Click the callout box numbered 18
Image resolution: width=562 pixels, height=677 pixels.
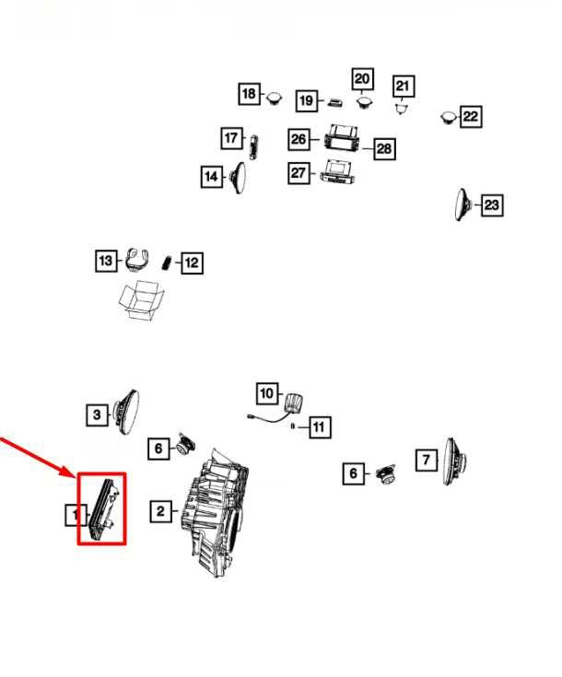point(250,94)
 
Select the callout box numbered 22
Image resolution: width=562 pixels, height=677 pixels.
point(471,117)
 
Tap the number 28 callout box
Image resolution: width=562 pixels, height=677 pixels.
point(384,149)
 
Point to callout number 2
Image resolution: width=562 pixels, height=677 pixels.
point(160,512)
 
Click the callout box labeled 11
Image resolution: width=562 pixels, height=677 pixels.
point(320,427)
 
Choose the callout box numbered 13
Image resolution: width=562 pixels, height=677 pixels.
point(106,261)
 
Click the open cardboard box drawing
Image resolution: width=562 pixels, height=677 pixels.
point(141,300)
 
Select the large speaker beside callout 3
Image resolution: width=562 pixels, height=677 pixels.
point(126,412)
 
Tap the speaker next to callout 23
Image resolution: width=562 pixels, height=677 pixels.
point(462,204)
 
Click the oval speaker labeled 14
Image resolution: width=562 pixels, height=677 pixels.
point(239,178)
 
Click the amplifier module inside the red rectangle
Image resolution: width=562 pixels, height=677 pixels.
point(103,509)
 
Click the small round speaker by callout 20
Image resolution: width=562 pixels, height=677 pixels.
point(365,103)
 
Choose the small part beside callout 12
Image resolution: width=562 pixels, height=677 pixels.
point(167,263)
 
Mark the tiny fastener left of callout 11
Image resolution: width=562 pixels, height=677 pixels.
point(293,426)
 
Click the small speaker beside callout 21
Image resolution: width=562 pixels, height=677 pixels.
point(403,108)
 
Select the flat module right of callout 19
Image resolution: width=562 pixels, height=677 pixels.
point(335,103)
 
